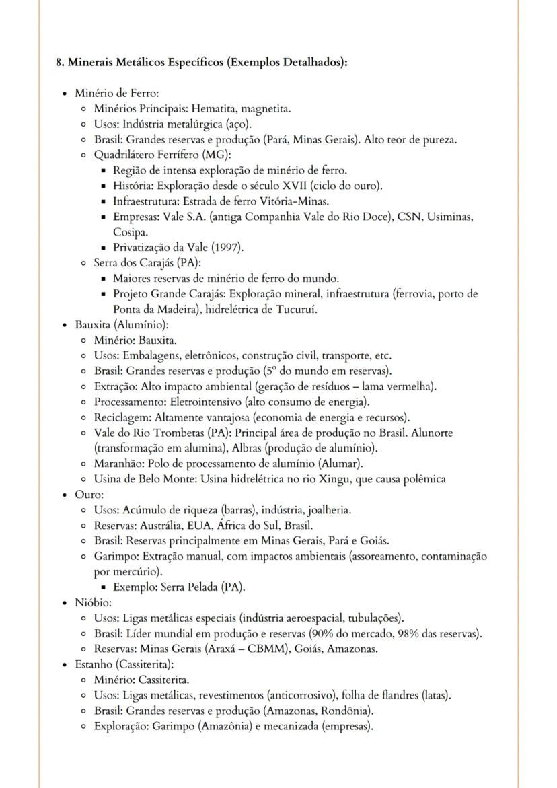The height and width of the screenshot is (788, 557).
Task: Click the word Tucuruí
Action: click(297, 310)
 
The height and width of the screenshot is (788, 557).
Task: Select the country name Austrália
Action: click(182, 526)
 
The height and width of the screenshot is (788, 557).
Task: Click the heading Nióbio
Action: click(94, 603)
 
